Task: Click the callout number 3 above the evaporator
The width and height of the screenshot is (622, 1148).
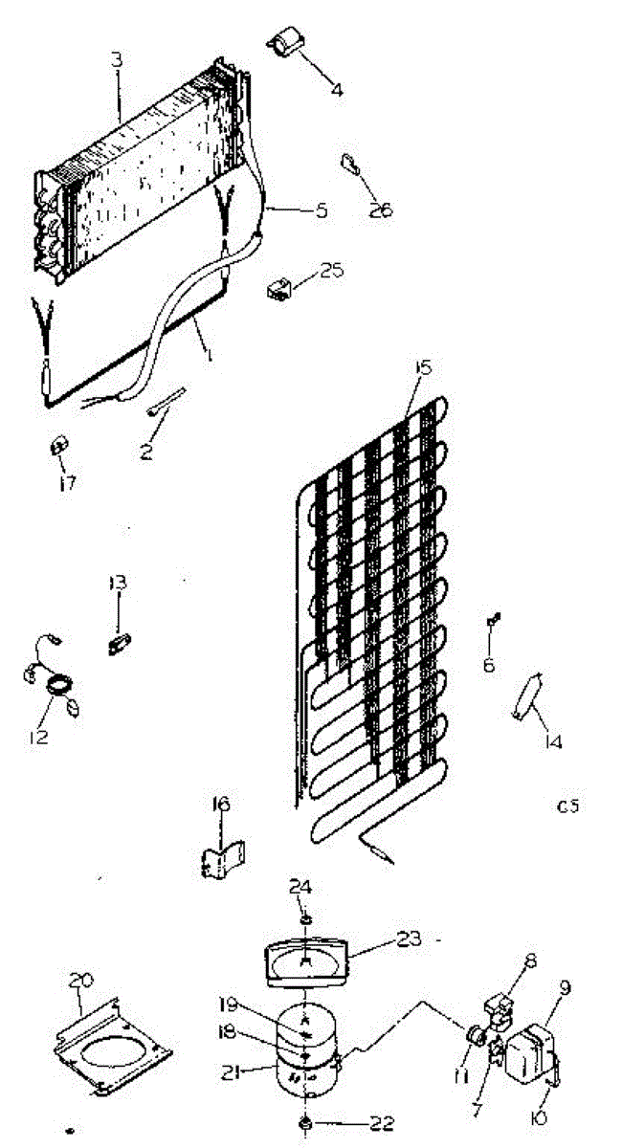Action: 117,59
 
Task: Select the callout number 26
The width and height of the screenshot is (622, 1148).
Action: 381,210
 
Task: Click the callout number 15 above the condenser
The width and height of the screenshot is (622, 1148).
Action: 422,367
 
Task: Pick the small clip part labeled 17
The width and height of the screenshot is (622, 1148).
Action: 59,446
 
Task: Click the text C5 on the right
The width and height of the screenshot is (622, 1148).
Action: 567,806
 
